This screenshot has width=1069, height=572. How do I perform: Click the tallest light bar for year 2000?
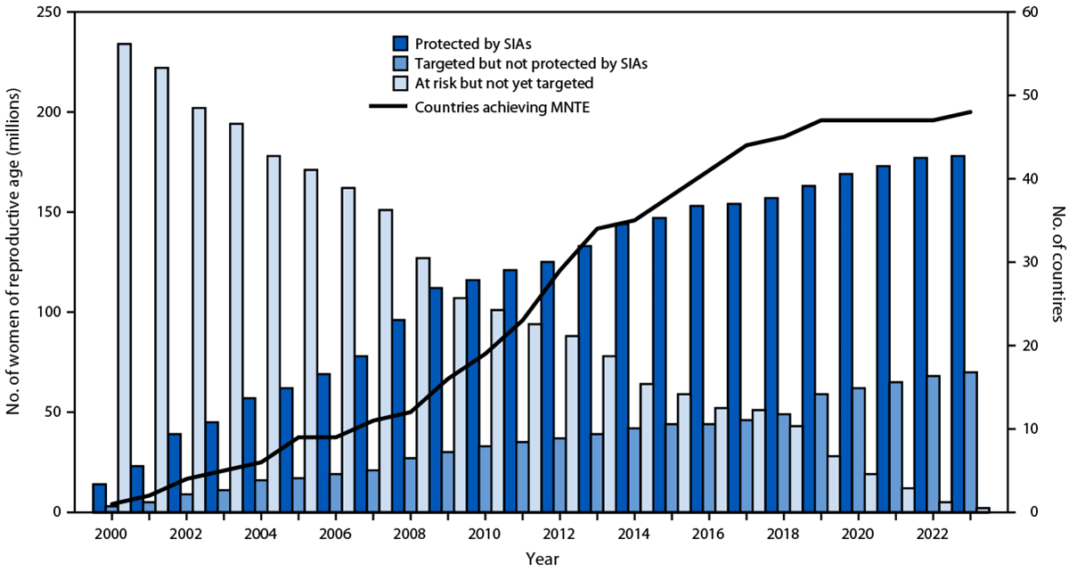[124, 276]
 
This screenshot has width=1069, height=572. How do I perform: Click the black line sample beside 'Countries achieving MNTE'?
[389, 106]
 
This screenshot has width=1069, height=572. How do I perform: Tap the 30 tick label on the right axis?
[1022, 262]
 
